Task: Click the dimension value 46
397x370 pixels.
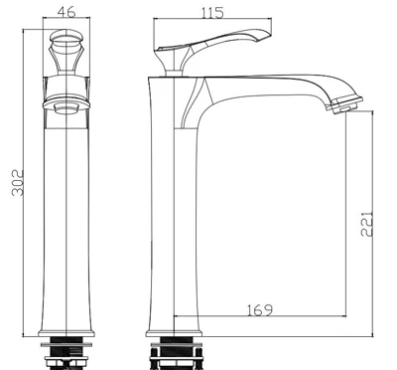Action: [66, 12]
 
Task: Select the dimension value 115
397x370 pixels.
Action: [212, 13]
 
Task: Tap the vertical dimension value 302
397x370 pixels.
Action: [18, 183]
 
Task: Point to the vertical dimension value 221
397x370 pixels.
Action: [366, 224]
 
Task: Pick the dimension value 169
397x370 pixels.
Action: [260, 310]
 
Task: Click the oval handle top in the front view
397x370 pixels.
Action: [66, 37]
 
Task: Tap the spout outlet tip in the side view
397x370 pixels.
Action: [344, 105]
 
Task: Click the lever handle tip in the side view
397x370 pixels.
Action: [265, 34]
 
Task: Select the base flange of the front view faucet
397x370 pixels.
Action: [66, 333]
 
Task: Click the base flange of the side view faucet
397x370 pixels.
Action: [174, 333]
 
